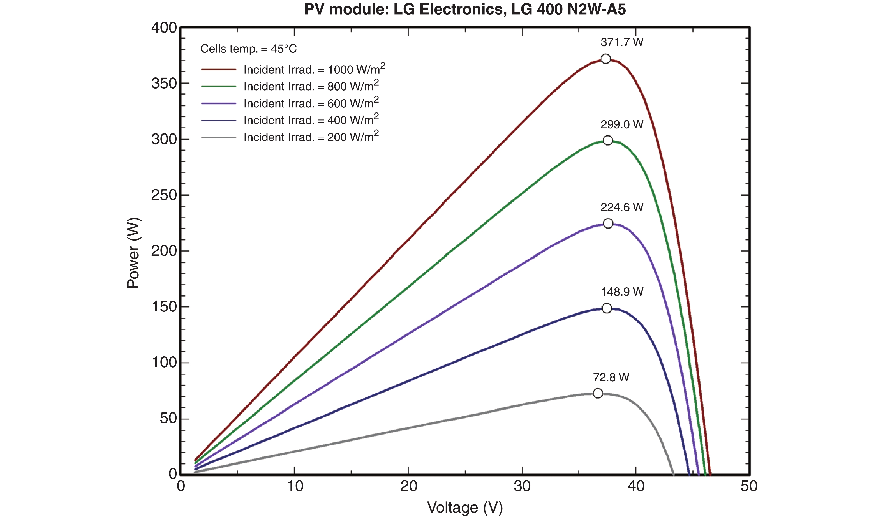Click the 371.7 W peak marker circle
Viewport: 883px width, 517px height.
click(x=605, y=59)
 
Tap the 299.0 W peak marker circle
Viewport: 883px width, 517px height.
click(x=608, y=140)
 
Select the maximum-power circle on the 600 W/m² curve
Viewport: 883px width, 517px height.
click(x=608, y=223)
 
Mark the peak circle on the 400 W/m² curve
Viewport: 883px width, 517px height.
click(x=607, y=308)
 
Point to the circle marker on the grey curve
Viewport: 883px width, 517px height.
click(x=598, y=393)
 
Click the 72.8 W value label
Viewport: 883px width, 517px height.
click(x=611, y=377)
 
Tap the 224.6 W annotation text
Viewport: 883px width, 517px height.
click(x=622, y=207)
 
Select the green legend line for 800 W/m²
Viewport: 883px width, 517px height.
click(x=219, y=86)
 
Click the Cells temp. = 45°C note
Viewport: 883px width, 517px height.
click(x=248, y=49)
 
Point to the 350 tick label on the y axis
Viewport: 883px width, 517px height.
click(x=164, y=84)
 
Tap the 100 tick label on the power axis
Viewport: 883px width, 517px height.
click(x=164, y=363)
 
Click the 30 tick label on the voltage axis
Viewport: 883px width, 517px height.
click(x=522, y=486)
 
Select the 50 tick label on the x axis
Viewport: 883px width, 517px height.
click(x=749, y=486)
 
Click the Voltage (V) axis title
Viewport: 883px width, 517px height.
click(x=465, y=507)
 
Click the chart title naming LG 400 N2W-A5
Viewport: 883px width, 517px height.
click(x=465, y=10)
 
